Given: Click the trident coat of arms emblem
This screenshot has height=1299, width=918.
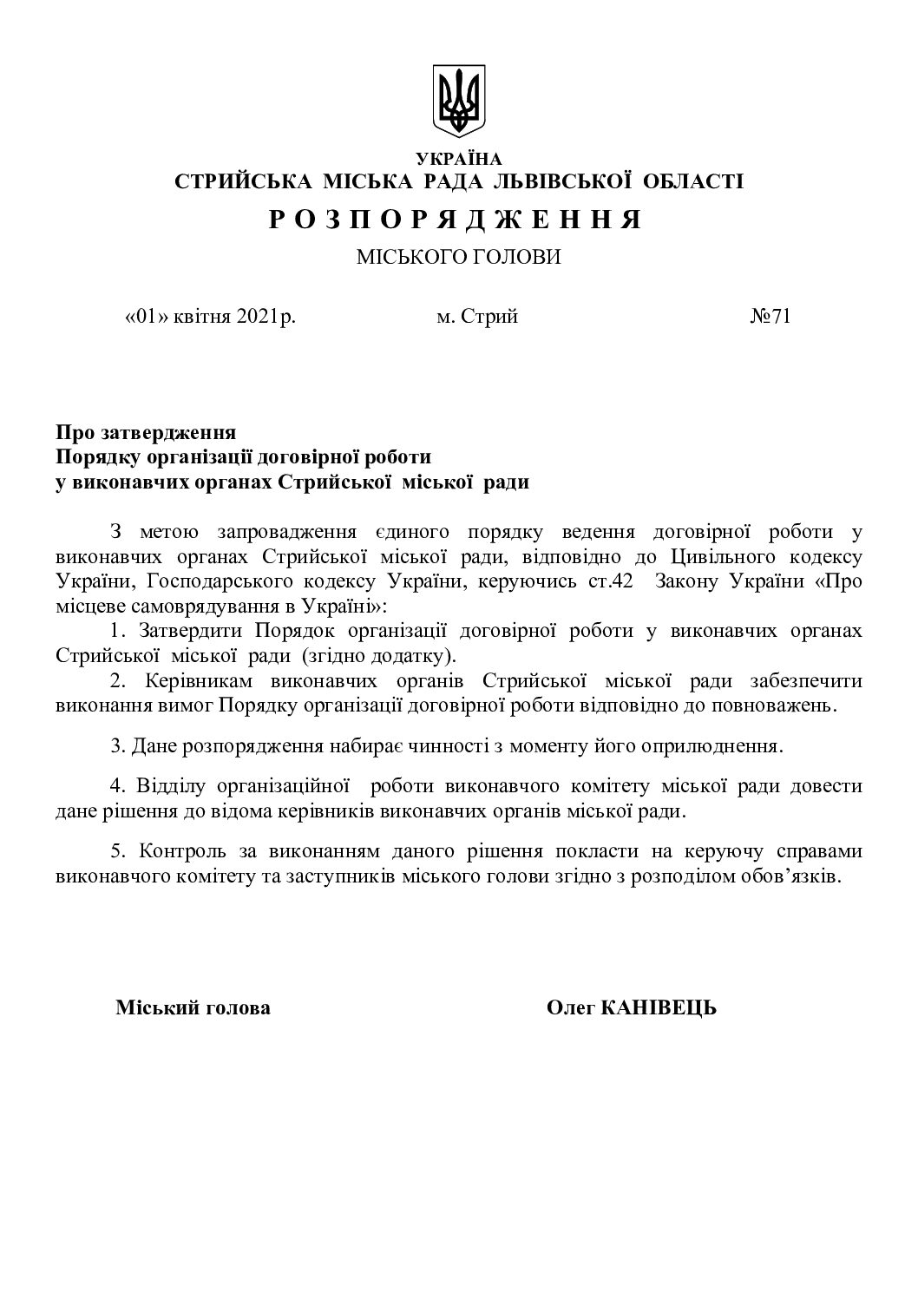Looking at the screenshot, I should point(459,102).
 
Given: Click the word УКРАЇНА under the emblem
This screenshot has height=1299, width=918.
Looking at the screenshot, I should point(459,159).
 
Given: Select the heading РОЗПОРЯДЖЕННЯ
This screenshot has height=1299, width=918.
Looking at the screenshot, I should point(456,220).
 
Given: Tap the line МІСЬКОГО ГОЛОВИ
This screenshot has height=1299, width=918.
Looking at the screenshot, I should point(459,258).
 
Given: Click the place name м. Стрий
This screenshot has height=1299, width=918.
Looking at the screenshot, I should point(477,317).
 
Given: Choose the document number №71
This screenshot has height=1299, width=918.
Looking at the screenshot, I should point(770,317).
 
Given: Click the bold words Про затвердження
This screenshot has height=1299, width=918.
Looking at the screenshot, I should point(147,432).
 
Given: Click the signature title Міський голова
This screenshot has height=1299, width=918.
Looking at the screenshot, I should point(193,1007).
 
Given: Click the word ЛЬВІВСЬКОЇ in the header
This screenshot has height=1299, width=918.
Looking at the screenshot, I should point(564,181).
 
